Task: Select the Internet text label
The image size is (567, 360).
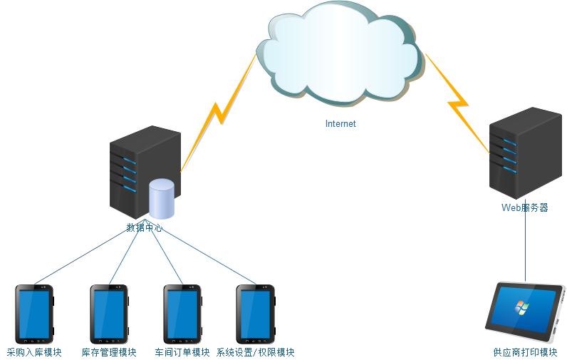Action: click(x=340, y=123)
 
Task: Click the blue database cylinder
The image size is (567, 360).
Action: click(x=162, y=199)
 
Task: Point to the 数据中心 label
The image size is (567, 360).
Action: click(x=145, y=228)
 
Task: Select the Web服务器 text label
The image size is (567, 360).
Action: click(x=525, y=208)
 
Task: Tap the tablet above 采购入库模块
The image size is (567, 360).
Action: click(x=34, y=314)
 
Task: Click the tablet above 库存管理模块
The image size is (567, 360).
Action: click(x=109, y=314)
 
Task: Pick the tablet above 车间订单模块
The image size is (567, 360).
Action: click(x=182, y=314)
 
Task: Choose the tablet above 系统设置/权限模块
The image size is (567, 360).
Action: click(x=255, y=314)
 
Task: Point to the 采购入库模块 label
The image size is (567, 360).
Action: click(x=34, y=352)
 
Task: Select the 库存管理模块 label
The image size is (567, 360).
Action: click(x=109, y=352)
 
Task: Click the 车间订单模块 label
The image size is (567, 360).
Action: click(x=182, y=352)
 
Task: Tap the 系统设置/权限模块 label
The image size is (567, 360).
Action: click(x=255, y=352)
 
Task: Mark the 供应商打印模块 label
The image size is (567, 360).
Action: click(x=525, y=352)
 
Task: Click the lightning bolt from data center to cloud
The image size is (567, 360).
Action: click(x=217, y=114)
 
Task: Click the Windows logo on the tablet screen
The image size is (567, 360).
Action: click(x=522, y=307)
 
